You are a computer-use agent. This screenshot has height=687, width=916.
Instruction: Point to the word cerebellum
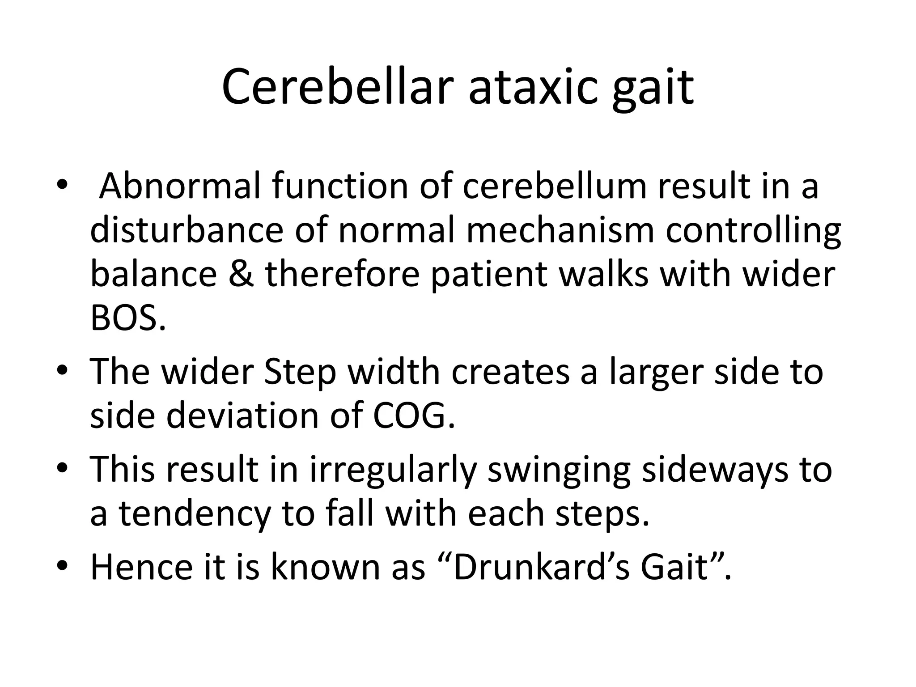pos(555,186)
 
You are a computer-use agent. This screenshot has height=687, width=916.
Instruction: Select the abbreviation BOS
pos(127,318)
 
